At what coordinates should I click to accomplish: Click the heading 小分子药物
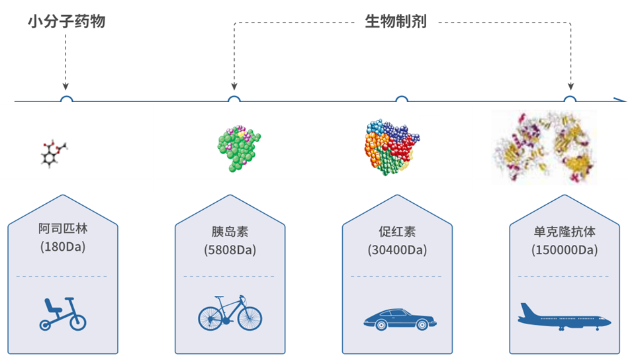pos(66,21)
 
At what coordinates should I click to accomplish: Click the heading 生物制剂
pos(396,21)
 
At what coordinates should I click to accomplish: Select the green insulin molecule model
pos(239,149)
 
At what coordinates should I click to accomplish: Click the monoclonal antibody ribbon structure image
pos(545,147)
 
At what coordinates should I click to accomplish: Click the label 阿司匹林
pos(63,229)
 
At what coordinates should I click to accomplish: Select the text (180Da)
pos(63,247)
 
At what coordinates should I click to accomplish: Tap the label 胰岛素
pos(230,232)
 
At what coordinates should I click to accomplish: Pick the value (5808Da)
pos(230,250)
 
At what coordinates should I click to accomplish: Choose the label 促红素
pos(397,232)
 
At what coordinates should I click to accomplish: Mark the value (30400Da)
pos(397,250)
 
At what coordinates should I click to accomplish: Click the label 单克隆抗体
pos(565,232)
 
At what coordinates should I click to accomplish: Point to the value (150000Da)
pos(565,250)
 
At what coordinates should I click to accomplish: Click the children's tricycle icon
pos(62,315)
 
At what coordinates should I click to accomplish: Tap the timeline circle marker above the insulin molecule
pos(234,101)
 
